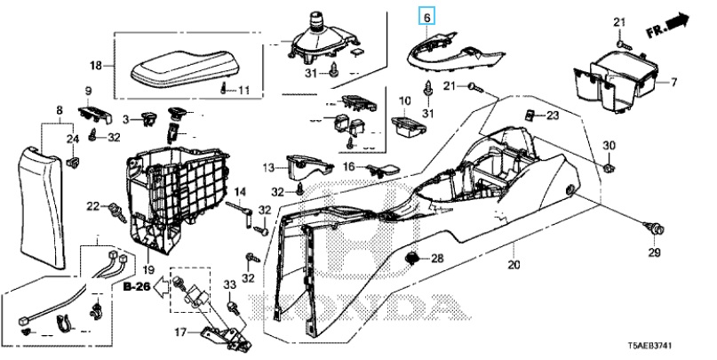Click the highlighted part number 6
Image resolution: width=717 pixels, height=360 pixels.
(x=427, y=18)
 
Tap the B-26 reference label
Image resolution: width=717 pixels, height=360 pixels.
(x=137, y=287)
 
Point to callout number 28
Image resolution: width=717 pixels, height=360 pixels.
(x=437, y=259)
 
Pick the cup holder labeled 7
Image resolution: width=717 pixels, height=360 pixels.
(x=615, y=79)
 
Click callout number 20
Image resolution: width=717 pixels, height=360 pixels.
(x=514, y=264)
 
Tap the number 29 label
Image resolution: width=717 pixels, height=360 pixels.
(x=654, y=252)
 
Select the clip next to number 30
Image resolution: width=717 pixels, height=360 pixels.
(x=609, y=168)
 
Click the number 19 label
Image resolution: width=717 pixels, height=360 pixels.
(x=148, y=269)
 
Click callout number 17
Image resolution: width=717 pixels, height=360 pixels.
(x=181, y=332)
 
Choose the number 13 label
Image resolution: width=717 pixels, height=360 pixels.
(x=268, y=168)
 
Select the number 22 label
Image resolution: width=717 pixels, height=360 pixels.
(x=93, y=207)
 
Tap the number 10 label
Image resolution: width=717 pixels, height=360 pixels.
(x=404, y=100)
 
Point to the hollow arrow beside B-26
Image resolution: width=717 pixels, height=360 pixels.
(x=161, y=288)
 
